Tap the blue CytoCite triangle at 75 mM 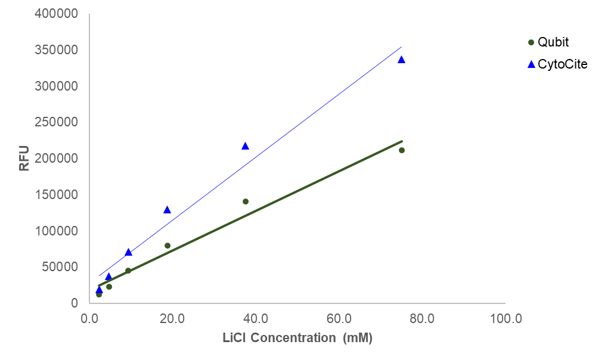click(401, 60)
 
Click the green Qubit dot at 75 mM click(402, 150)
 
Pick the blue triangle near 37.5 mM click(245, 146)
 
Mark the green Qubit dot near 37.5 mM click(246, 201)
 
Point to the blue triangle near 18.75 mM click(167, 210)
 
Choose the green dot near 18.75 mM click(168, 246)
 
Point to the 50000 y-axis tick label click(61, 267)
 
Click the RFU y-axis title click(24, 158)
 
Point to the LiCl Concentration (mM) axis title click(297, 339)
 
